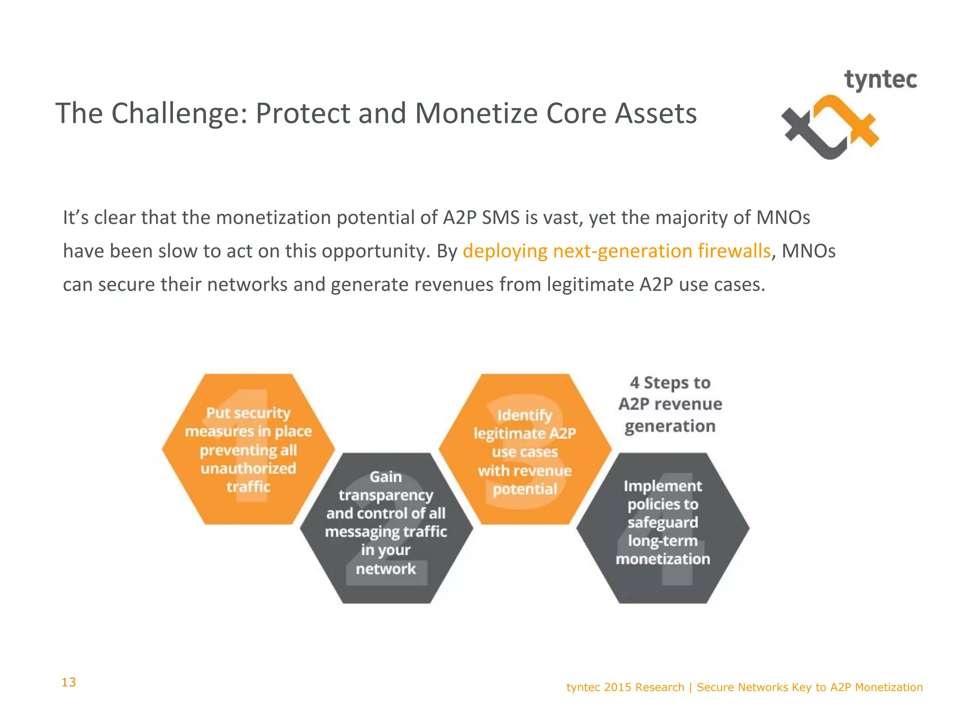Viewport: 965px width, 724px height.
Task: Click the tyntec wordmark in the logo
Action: (880, 80)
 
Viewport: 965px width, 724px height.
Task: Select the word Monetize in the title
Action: (475, 114)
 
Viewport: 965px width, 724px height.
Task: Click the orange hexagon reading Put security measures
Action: (248, 449)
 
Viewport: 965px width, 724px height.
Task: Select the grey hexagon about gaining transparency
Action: (386, 528)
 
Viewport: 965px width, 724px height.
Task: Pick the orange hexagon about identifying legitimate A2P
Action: (525, 449)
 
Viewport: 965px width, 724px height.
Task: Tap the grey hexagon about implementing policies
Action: (662, 528)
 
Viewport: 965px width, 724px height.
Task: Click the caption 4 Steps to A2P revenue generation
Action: (670, 404)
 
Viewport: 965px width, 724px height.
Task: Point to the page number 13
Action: (69, 682)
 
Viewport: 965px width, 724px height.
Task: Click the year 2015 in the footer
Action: (618, 687)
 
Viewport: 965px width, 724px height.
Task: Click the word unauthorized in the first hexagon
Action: (248, 469)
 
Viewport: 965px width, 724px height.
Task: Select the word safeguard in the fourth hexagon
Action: (662, 522)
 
